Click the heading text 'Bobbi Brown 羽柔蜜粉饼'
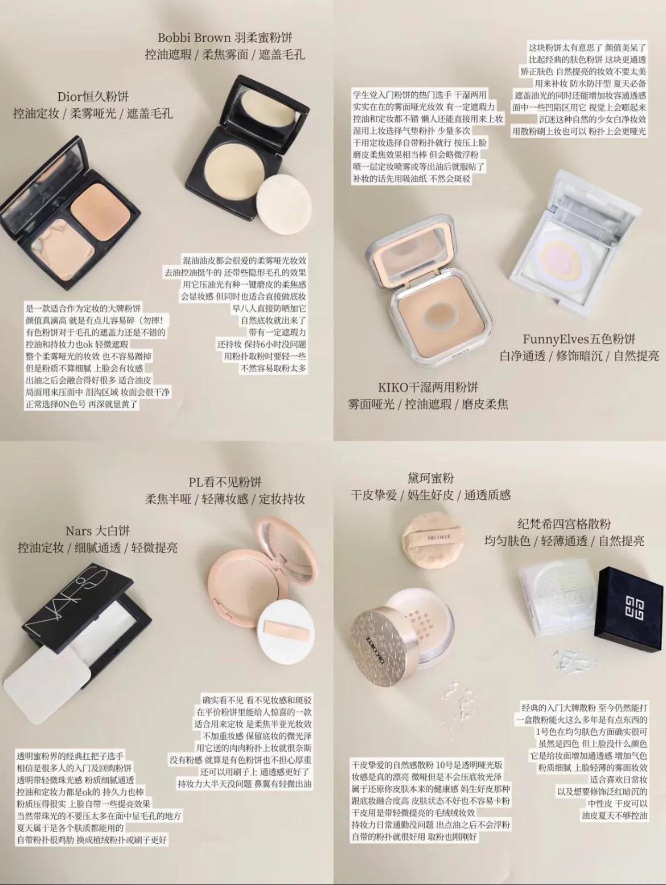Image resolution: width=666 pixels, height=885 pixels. coord(225,38)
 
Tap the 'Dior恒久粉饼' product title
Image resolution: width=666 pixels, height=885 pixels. coord(93,97)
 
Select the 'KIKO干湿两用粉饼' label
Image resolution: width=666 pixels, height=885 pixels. coord(428,387)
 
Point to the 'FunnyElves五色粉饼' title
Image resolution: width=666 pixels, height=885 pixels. coord(579,339)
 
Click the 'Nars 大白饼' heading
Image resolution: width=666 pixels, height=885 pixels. coord(97,531)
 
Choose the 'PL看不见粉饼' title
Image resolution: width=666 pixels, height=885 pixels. coord(225,482)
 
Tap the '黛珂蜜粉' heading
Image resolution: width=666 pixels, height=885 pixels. coord(431,478)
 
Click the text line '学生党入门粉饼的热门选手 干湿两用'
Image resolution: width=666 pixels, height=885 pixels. coord(420,95)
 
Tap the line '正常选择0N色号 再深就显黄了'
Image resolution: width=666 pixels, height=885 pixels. coord(82,404)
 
